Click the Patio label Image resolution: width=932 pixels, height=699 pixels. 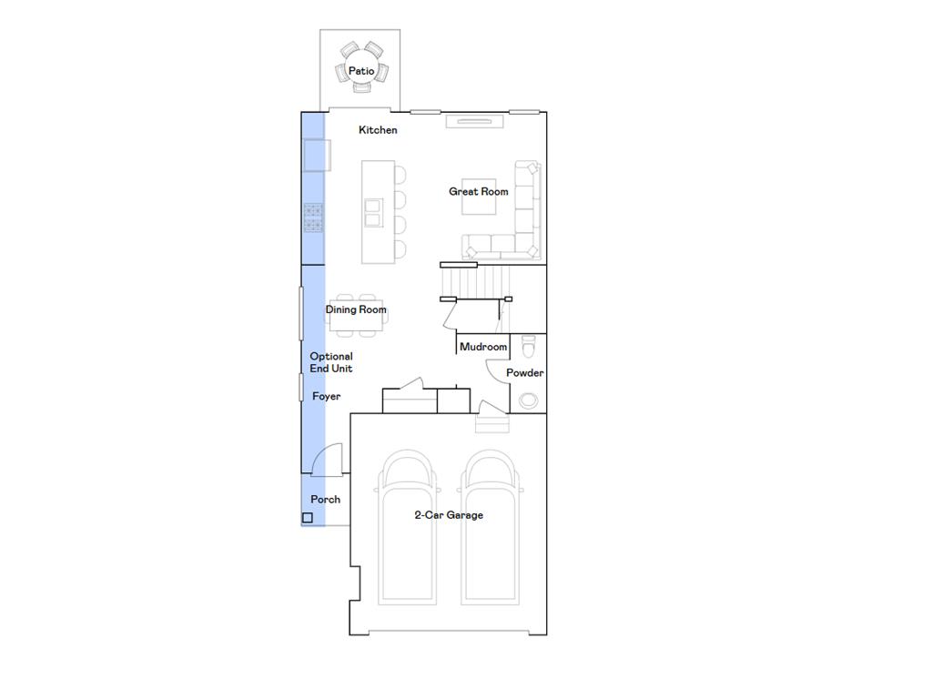click(x=361, y=71)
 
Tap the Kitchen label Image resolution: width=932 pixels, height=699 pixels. click(x=378, y=130)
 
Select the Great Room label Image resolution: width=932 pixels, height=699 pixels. click(x=478, y=192)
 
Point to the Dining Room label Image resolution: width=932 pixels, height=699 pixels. click(x=356, y=309)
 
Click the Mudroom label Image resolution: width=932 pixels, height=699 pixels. click(x=483, y=347)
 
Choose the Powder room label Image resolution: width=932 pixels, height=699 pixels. click(x=525, y=373)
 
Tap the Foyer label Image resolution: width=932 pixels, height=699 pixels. click(x=326, y=397)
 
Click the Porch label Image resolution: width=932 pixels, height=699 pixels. click(x=325, y=500)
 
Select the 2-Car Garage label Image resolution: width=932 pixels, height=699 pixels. click(x=449, y=515)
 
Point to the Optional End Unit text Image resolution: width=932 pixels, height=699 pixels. click(x=330, y=362)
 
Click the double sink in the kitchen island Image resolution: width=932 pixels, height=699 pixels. click(x=373, y=212)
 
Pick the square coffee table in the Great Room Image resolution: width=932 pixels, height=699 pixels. click(x=478, y=197)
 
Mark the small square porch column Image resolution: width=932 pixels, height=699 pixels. click(x=308, y=518)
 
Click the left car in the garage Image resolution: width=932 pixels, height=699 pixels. click(x=407, y=528)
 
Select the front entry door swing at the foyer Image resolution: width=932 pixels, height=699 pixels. click(x=329, y=460)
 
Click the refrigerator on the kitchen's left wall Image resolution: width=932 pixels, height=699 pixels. click(x=316, y=155)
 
